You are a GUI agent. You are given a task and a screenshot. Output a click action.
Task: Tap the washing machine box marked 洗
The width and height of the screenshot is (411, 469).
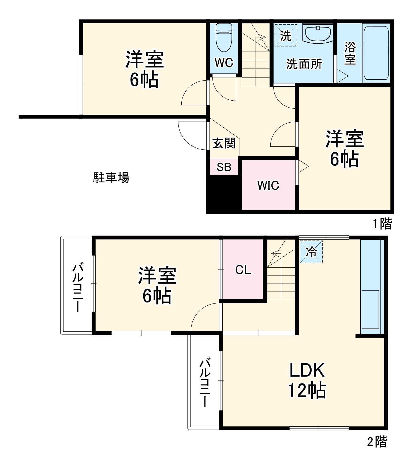coord(286,35)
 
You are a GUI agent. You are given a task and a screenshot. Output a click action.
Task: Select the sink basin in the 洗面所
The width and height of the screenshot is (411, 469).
coord(318,34)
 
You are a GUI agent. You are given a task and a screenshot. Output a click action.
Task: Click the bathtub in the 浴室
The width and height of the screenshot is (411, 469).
coord(376,53)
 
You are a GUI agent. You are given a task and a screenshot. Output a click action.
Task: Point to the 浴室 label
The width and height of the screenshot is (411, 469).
coord(350,53)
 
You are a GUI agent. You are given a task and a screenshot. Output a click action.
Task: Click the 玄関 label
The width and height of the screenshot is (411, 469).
coord(224,143)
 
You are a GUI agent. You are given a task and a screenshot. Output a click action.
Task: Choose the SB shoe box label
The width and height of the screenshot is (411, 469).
coord(224,167)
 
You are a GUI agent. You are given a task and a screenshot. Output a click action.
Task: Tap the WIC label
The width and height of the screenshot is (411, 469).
coord(268,185)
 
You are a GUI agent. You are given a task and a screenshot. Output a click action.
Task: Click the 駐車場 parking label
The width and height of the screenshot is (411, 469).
coord(111,178)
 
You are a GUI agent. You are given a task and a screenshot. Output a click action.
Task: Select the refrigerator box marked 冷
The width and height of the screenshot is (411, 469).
coord(311,252)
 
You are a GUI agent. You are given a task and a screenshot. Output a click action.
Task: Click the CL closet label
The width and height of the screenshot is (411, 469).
coord(243,270)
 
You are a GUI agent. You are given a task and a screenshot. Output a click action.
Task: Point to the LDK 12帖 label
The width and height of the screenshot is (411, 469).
coord(307,380)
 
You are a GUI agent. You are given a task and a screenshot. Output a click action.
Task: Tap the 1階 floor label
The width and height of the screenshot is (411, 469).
coord(383,223)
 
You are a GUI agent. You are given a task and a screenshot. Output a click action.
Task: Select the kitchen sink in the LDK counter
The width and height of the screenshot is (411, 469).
coord(370,309)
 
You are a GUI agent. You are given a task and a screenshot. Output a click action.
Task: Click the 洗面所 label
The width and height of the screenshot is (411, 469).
coord(304,64)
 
